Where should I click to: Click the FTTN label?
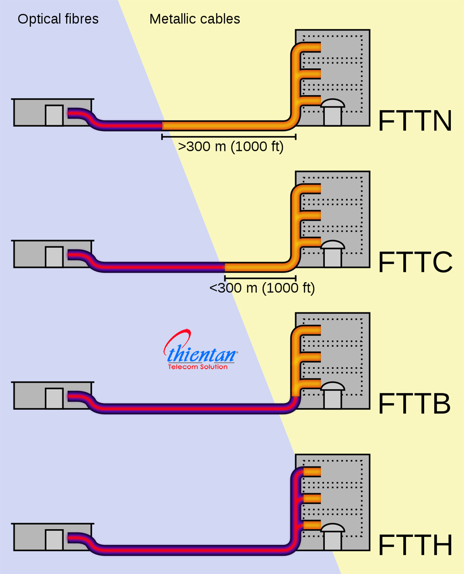[x=415, y=121]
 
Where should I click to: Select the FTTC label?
[x=415, y=262]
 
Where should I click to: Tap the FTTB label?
[x=414, y=404]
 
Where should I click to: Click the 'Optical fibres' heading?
[x=58, y=19]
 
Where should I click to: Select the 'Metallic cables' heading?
[x=195, y=19]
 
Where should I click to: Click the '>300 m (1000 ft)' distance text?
[x=231, y=147]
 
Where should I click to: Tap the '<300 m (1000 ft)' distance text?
[x=262, y=288]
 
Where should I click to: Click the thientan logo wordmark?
[x=201, y=353]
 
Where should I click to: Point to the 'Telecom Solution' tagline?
[x=198, y=367]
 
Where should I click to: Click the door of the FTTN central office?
[x=54, y=115]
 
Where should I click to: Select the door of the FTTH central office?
[x=54, y=540]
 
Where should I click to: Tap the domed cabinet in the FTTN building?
[x=333, y=112]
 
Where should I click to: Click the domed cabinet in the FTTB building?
[x=333, y=395]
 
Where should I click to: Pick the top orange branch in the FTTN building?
[x=310, y=47]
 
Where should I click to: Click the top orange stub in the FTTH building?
[x=312, y=472]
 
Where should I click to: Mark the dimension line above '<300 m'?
[x=260, y=278]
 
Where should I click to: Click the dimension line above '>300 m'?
[x=229, y=136]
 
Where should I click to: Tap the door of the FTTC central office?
[x=54, y=257]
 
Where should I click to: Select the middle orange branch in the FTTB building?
[x=310, y=356]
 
